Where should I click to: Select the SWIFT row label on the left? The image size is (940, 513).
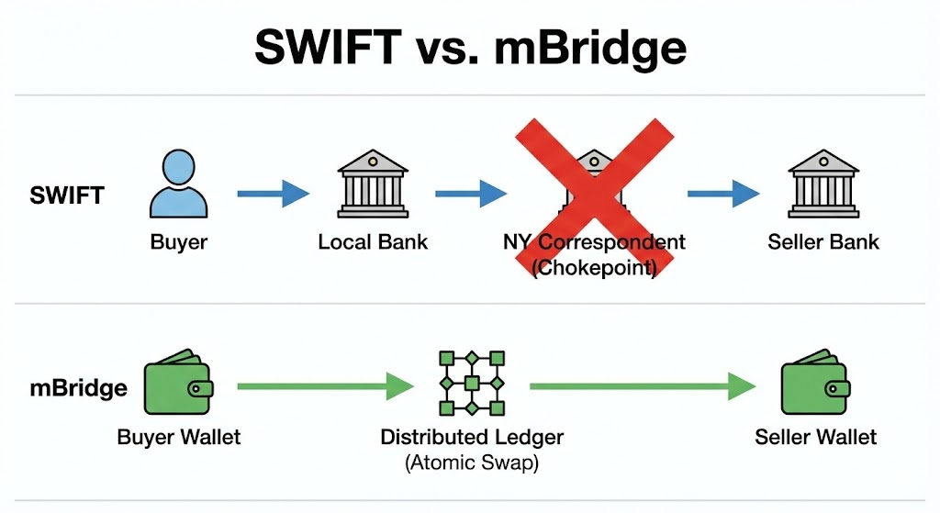tap(65, 195)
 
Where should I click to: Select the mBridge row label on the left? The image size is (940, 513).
tap(78, 387)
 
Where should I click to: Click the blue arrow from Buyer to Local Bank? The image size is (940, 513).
tap(273, 194)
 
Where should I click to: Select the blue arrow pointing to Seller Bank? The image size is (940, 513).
tap(723, 194)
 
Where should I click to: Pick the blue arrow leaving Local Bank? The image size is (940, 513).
tap(470, 194)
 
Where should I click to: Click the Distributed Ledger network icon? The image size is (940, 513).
tap(472, 383)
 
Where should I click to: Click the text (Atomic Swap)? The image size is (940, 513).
tap(472, 463)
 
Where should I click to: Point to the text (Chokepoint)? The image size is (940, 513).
tap(594, 268)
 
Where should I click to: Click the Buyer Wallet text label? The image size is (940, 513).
tap(179, 437)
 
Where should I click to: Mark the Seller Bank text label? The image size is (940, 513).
tap(822, 242)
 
